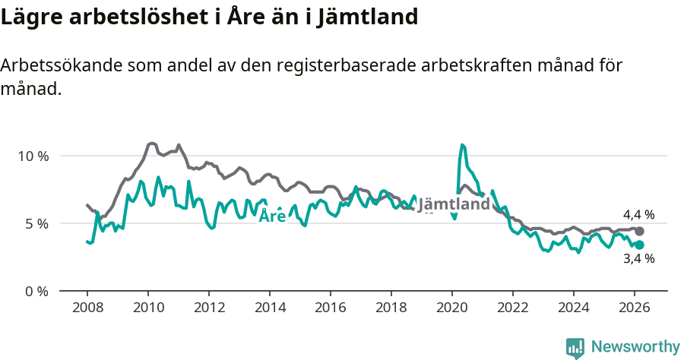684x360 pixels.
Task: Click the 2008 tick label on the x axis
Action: pyautogui.click(x=87, y=308)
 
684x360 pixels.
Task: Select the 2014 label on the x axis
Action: pyautogui.click(x=269, y=308)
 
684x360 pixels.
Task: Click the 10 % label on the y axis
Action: pyautogui.click(x=33, y=156)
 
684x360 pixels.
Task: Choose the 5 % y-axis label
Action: pyautogui.click(x=36, y=223)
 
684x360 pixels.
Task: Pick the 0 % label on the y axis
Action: pyautogui.click(x=36, y=291)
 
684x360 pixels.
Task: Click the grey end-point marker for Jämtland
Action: pyautogui.click(x=639, y=231)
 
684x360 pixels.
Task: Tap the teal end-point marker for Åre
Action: pyautogui.click(x=639, y=245)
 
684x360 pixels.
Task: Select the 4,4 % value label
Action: pyautogui.click(x=638, y=215)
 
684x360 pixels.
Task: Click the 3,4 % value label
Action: pyautogui.click(x=638, y=259)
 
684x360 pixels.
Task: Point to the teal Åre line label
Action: pyautogui.click(x=273, y=216)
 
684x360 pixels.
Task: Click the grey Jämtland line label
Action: pyautogui.click(x=454, y=204)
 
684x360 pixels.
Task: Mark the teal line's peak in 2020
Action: pyautogui.click(x=462, y=144)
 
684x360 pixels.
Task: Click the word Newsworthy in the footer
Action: pyautogui.click(x=635, y=347)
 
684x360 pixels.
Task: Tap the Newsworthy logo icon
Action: pyautogui.click(x=575, y=348)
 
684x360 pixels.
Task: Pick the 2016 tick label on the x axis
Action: pyautogui.click(x=330, y=308)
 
